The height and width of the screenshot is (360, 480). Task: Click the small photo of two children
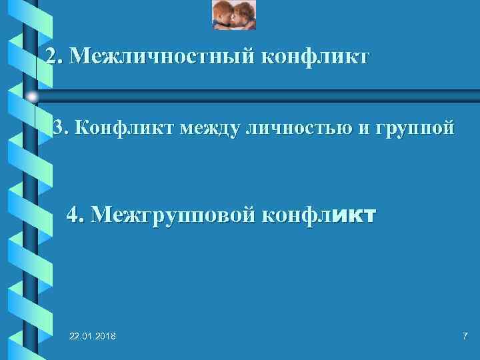(x=234, y=15)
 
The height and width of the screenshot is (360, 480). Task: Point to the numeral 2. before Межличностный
(x=54, y=57)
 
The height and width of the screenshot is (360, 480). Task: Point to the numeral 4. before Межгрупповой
(x=76, y=215)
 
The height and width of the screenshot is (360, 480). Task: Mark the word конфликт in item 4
(x=319, y=215)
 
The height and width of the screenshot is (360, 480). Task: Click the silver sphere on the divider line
(x=32, y=97)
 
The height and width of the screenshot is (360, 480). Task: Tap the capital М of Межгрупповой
(x=103, y=215)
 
